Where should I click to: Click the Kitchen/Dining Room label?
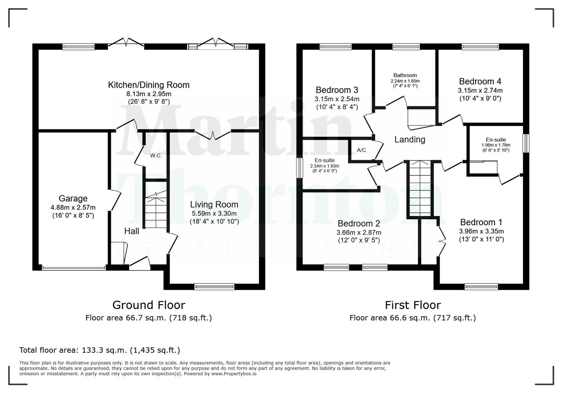pyautogui.click(x=149, y=85)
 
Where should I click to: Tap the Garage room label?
pyautogui.click(x=73, y=199)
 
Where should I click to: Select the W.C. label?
pyautogui.click(x=156, y=156)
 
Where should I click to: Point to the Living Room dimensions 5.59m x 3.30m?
pyautogui.click(x=214, y=214)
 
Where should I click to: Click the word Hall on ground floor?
pyautogui.click(x=131, y=231)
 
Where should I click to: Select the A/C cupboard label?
pyautogui.click(x=361, y=150)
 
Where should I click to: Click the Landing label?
pyautogui.click(x=409, y=139)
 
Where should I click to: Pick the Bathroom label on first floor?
pyautogui.click(x=405, y=75)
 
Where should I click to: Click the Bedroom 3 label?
pyautogui.click(x=337, y=90)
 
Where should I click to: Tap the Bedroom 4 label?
pyautogui.click(x=480, y=82)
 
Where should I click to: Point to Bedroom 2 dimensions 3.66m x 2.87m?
pyautogui.click(x=359, y=233)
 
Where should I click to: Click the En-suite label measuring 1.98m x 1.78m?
pyautogui.click(x=495, y=140)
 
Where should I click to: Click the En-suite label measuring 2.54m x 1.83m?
pyautogui.click(x=324, y=160)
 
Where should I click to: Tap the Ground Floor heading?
pyautogui.click(x=149, y=305)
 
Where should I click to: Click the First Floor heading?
pyautogui.click(x=412, y=305)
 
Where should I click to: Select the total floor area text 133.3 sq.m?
pyautogui.click(x=99, y=350)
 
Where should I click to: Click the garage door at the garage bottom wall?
pyautogui.click(x=74, y=268)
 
